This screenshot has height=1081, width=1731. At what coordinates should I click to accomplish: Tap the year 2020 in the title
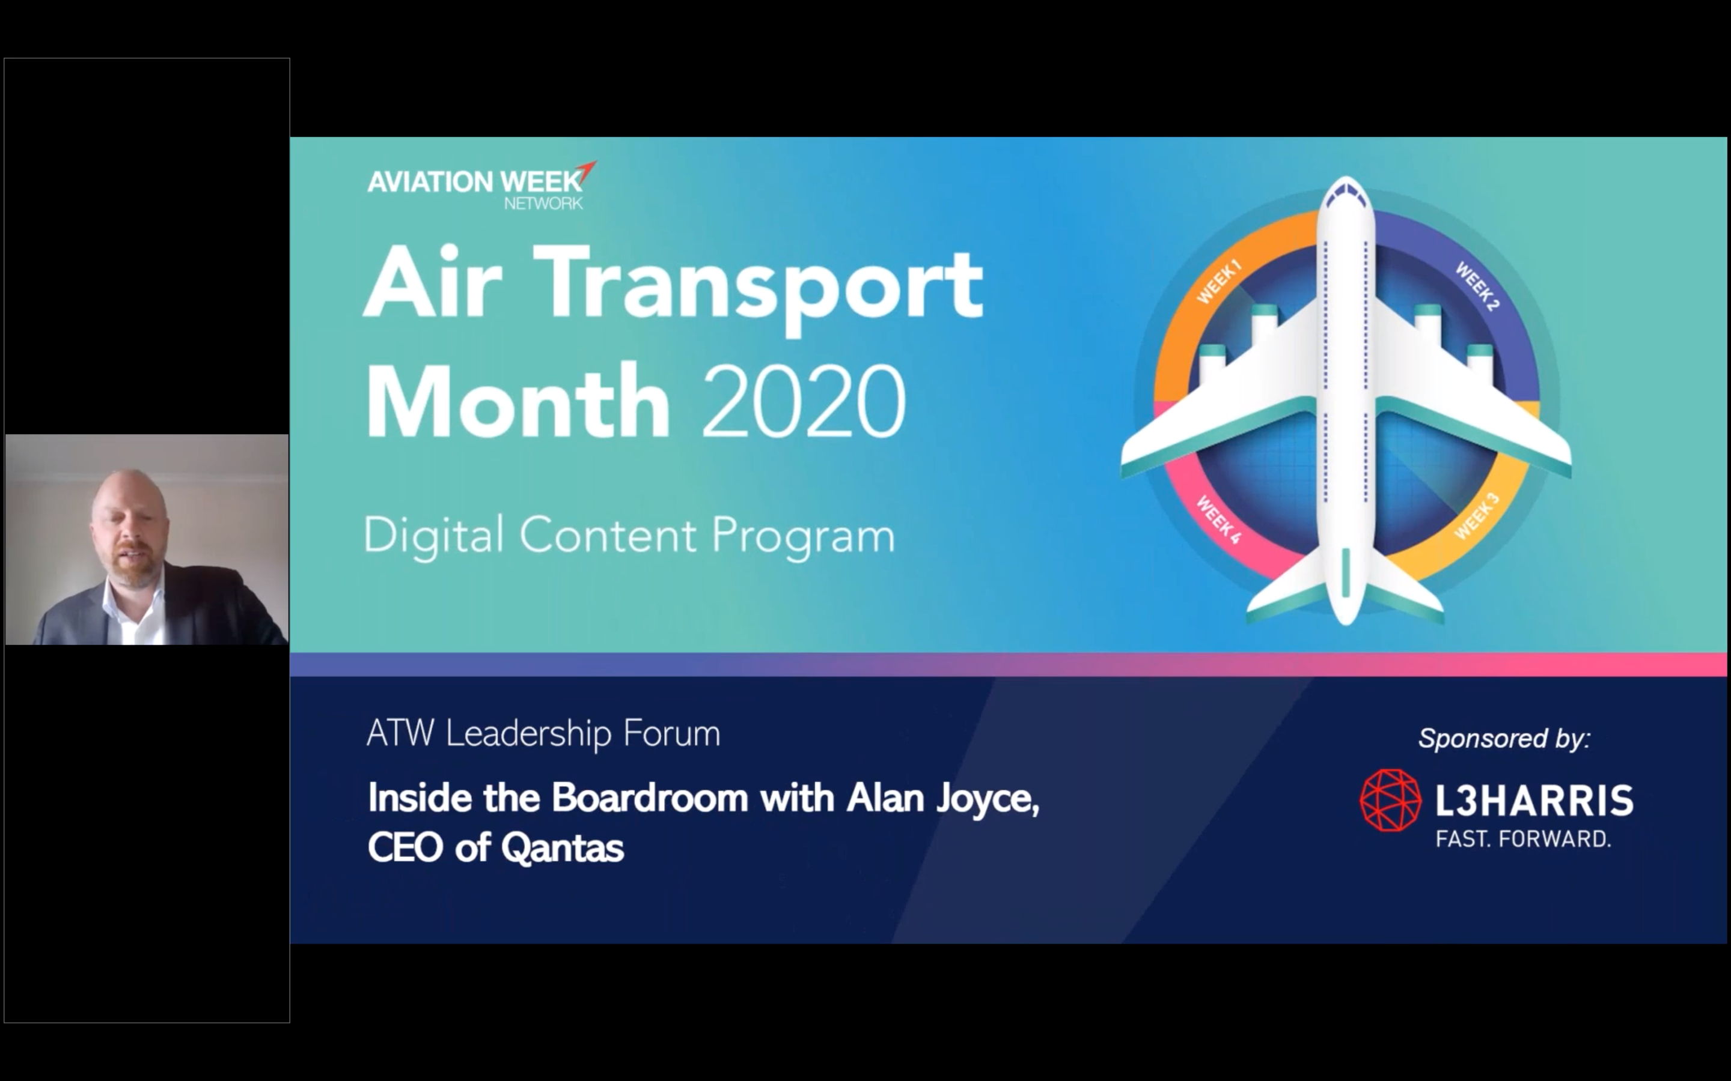click(x=804, y=401)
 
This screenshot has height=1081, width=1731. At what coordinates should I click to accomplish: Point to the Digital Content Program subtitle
click(x=629, y=536)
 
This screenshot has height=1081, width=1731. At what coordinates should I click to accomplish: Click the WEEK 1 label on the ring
click(x=1219, y=282)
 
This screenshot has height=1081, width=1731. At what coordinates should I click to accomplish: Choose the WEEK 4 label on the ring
click(x=1218, y=519)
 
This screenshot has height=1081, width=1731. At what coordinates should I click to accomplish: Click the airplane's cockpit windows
click(x=1346, y=191)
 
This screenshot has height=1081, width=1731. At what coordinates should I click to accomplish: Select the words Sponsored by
click(x=1504, y=739)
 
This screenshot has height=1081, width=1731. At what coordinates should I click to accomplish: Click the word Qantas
click(x=562, y=849)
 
